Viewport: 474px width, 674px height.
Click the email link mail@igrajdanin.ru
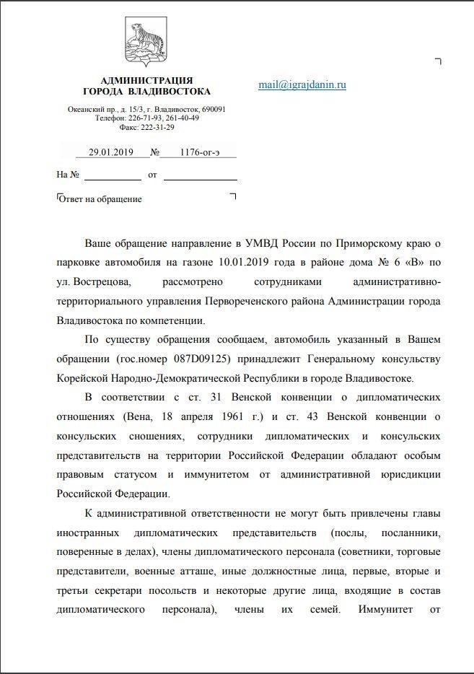(302, 84)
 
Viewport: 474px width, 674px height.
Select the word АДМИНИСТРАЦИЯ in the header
(146, 80)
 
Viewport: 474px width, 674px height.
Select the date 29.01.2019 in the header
(107, 152)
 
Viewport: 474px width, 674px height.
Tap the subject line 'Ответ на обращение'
(100, 199)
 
